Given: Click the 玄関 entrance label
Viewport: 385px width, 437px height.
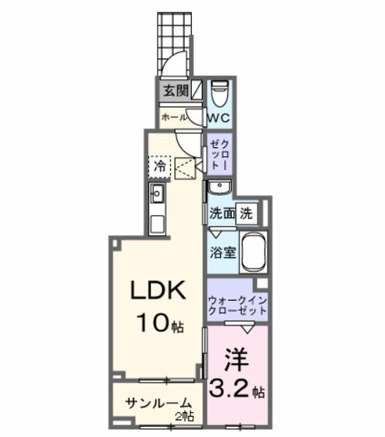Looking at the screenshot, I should [x=174, y=92].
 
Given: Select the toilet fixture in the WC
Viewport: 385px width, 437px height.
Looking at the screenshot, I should [x=219, y=94].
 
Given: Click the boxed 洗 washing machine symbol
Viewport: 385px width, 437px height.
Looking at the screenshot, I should [x=247, y=214].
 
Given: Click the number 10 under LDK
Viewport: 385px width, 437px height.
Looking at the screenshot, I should [x=151, y=321].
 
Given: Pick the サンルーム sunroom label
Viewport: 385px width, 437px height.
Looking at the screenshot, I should [x=157, y=403].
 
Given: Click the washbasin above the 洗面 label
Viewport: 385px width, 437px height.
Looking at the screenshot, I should [x=218, y=189].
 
